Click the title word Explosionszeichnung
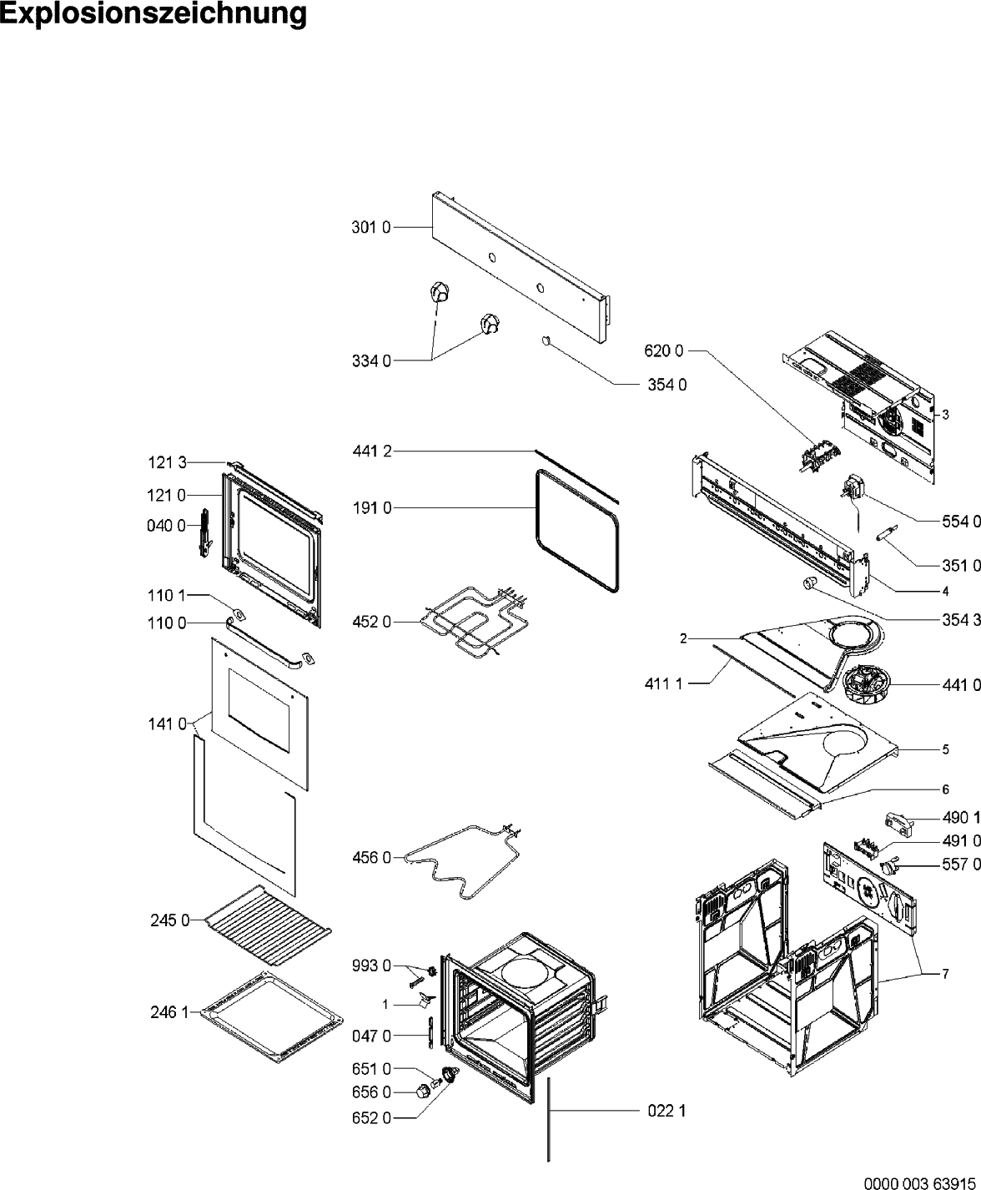pos(153,15)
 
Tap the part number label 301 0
pos(370,227)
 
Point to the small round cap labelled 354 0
pos(546,340)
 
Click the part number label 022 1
pos(667,1111)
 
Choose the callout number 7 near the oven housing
pos(945,973)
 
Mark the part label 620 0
pos(664,351)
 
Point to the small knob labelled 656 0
pos(423,1090)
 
